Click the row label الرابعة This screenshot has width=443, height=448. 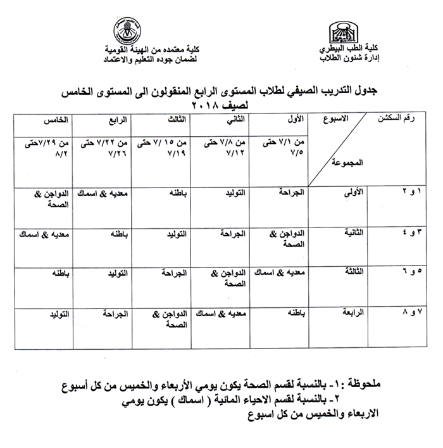pos(351,313)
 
